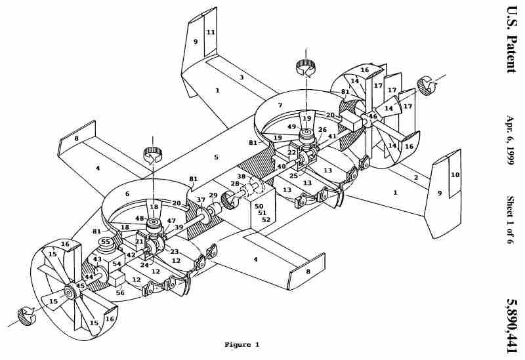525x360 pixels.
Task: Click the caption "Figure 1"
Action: click(241, 344)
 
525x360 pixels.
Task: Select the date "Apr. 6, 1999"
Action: click(510, 140)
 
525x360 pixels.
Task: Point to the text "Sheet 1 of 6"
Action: click(510, 220)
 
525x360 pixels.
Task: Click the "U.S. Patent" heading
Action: click(511, 39)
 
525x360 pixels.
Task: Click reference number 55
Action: click(106, 241)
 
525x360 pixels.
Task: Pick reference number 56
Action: click(120, 292)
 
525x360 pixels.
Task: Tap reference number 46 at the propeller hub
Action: click(373, 116)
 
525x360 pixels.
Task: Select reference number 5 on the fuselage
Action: click(217, 157)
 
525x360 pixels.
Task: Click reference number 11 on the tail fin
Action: click(211, 32)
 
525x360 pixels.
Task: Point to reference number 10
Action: click(455, 174)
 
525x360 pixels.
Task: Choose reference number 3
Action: click(241, 77)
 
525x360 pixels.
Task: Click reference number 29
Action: click(213, 195)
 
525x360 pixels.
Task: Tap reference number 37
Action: click(201, 200)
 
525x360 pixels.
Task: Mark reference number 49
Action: click(291, 127)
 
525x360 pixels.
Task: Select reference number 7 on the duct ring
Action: click(280, 106)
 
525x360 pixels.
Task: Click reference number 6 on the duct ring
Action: click(127, 193)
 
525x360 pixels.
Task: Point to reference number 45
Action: click(80, 285)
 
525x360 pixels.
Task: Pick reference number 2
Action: click(416, 178)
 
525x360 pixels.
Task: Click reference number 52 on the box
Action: click(266, 220)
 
